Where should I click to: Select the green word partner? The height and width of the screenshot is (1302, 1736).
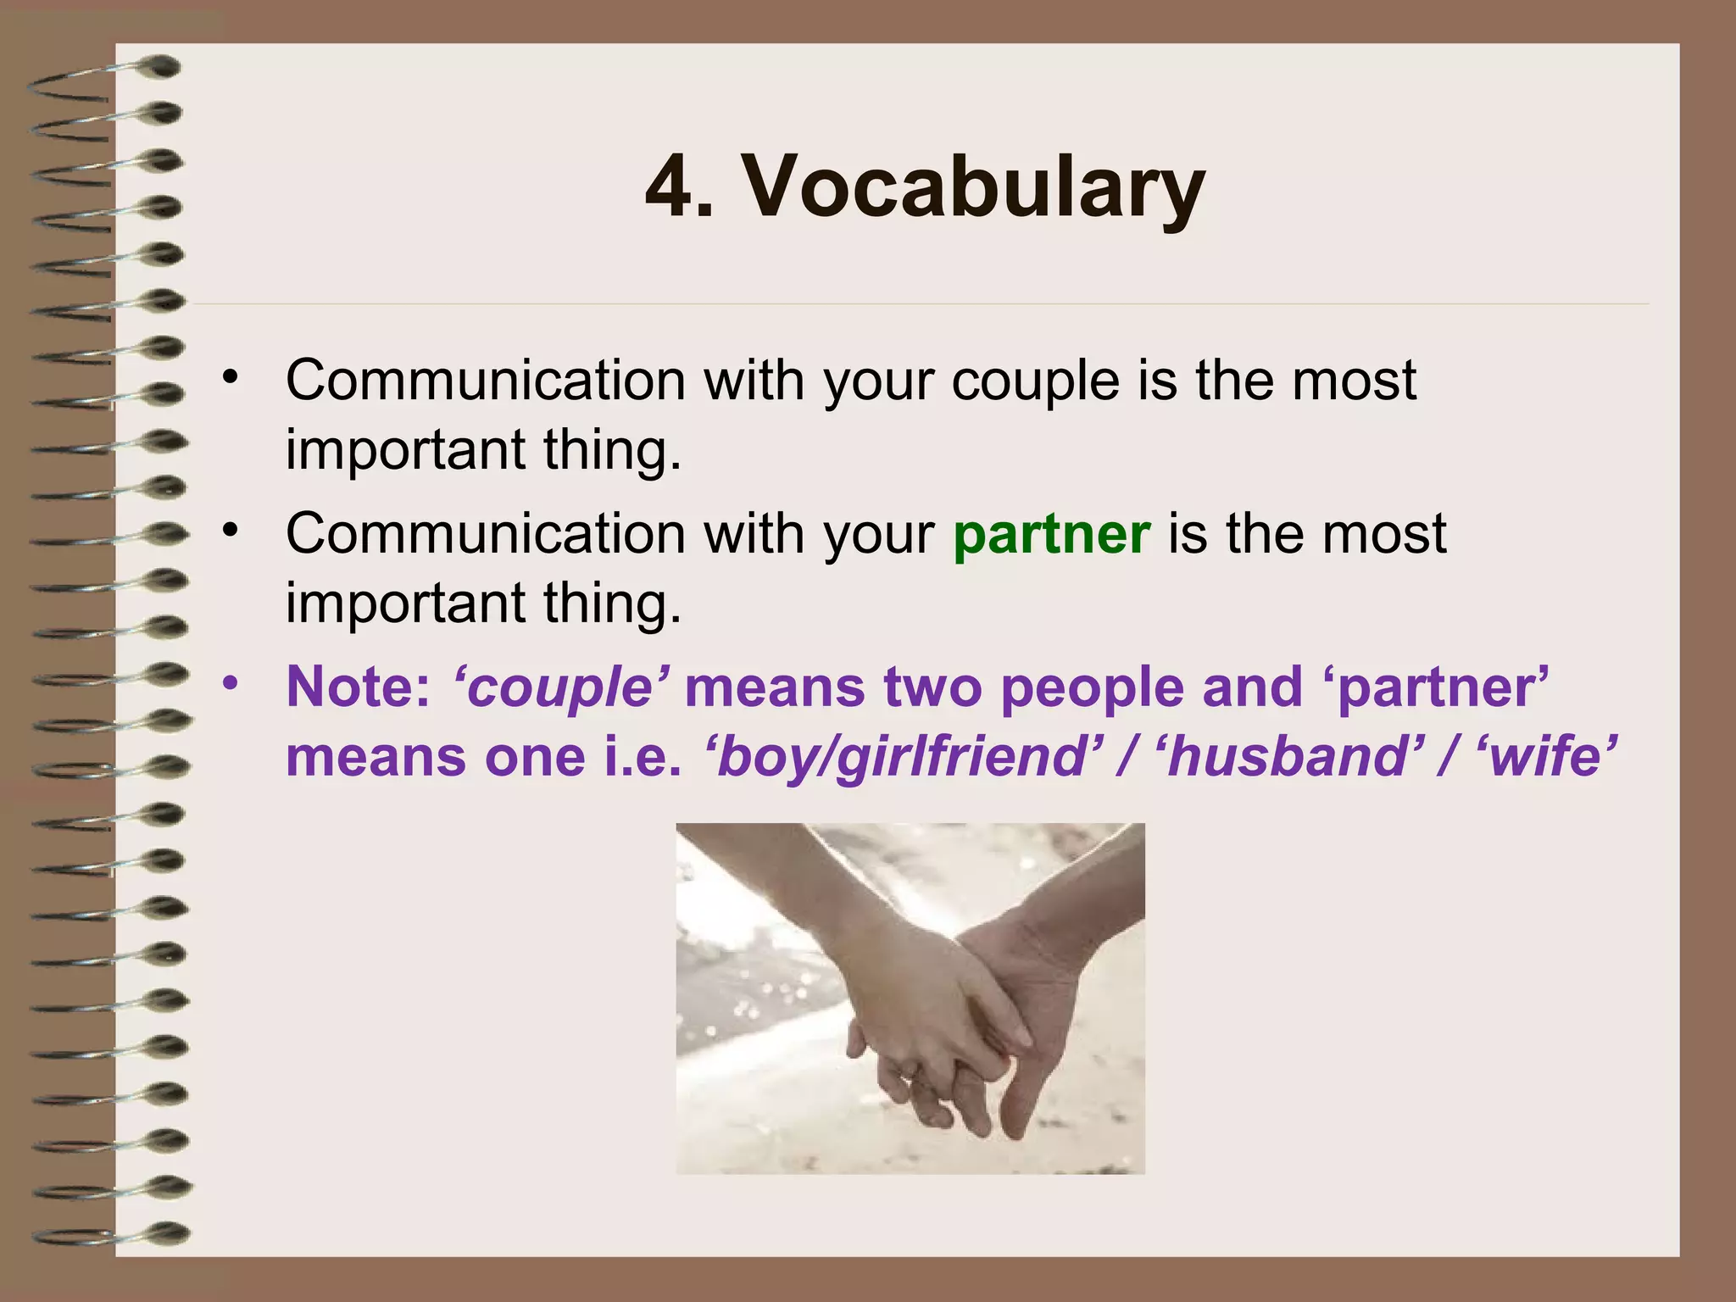(x=1051, y=534)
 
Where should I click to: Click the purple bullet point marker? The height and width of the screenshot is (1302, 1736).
(x=230, y=682)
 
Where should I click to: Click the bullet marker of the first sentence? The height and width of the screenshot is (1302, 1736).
(x=230, y=376)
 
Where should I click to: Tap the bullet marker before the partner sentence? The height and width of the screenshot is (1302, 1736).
(x=230, y=530)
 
